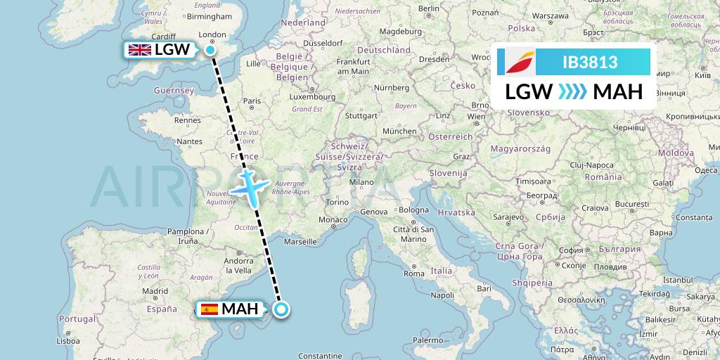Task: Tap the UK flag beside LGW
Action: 139,49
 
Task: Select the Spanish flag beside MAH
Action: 209,309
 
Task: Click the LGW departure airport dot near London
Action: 210,49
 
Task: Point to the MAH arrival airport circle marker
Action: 281,309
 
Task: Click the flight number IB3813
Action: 590,63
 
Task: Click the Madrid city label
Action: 155,290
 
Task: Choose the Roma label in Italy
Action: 413,274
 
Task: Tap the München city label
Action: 399,131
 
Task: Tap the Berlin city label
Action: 428,8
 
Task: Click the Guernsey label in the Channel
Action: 175,91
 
